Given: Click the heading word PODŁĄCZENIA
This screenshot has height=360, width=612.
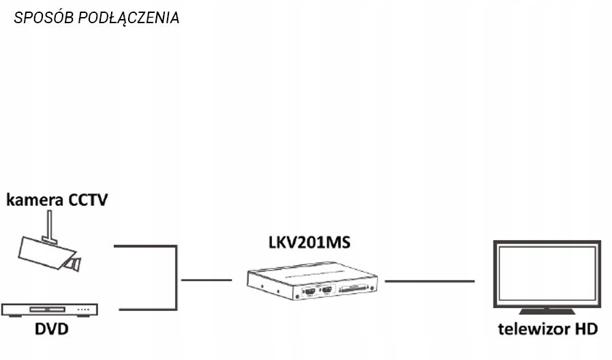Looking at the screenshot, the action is point(129,18).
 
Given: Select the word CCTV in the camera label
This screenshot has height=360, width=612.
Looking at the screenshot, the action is point(89,200).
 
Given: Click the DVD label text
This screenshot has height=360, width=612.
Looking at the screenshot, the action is point(51,330).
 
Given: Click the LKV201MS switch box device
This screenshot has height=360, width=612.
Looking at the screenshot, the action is point(311,276).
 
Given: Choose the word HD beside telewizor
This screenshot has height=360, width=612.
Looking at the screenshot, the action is point(585,330).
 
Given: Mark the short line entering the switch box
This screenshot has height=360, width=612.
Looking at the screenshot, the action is point(206,280).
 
